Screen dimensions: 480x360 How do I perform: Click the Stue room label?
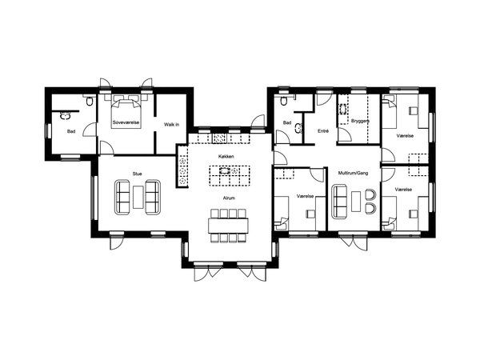pos(137,174)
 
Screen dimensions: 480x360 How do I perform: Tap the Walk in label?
pos(171,125)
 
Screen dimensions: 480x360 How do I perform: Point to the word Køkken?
pos(226,157)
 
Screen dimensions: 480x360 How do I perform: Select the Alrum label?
pos(229,198)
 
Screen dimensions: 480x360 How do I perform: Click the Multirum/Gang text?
pos(353,173)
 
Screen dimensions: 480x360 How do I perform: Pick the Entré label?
pos(323,131)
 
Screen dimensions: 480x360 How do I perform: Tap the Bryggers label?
pos(360,121)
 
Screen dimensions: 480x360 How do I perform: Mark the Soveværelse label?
pos(126,122)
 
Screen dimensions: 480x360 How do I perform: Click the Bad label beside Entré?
pos(287,122)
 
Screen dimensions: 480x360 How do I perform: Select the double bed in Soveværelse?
pos(126,112)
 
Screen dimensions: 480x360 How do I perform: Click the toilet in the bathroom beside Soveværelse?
pos(90,101)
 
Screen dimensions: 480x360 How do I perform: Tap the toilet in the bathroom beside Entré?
pos(284,101)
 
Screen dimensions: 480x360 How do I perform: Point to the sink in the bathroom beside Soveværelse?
pos(65,116)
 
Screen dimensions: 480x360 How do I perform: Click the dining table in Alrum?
pos(228,226)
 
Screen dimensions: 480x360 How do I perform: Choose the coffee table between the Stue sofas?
pos(138,197)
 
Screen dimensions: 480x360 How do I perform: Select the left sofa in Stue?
pos(122,197)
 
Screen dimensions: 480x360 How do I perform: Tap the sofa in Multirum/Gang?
pos(340,202)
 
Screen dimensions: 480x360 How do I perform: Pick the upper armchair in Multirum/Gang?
pos(370,195)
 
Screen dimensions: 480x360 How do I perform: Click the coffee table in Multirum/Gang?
pos(356,201)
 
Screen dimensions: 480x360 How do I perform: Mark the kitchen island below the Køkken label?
pos(230,175)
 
